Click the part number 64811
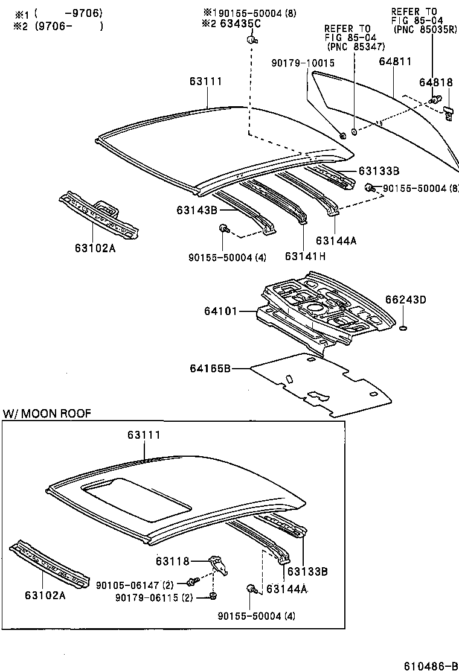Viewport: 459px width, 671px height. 396,62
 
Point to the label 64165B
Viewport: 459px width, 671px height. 211,367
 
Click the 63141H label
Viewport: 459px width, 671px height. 305,256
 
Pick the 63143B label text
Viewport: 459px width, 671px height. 197,210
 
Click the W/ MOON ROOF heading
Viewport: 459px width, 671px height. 47,414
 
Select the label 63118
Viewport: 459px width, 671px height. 172,561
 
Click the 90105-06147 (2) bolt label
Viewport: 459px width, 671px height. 135,585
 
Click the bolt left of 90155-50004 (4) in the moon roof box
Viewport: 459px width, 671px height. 251,588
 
